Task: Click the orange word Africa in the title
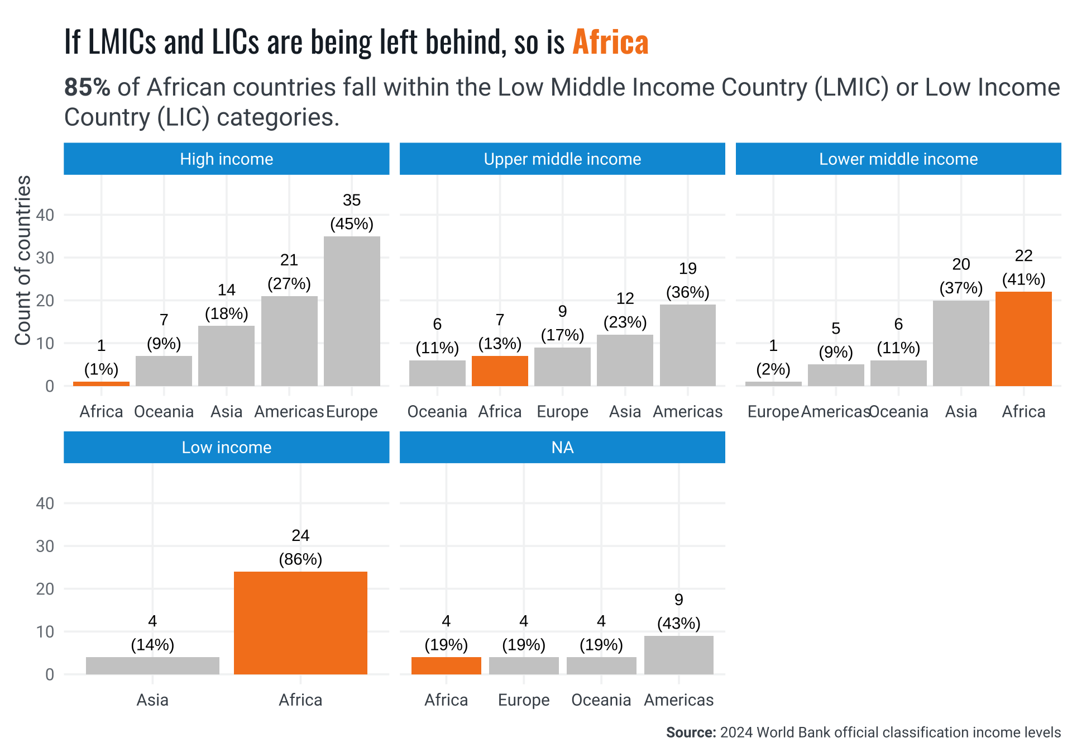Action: click(x=610, y=42)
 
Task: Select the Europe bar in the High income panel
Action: click(x=352, y=311)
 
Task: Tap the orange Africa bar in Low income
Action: click(x=300, y=622)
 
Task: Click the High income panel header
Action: click(x=226, y=159)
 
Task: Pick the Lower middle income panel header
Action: click(x=898, y=159)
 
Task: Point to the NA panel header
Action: click(x=562, y=448)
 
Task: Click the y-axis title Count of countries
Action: click(x=23, y=260)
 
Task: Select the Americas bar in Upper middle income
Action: click(x=687, y=345)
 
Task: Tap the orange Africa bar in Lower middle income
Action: click(x=1023, y=339)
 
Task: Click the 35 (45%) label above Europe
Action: click(x=352, y=212)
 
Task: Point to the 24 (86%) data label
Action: click(x=300, y=548)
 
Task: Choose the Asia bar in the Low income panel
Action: click(x=152, y=666)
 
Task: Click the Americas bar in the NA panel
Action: click(x=678, y=655)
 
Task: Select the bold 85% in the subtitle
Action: click(x=87, y=88)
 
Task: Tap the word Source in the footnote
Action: click(x=690, y=733)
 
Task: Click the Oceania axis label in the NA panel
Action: click(x=601, y=700)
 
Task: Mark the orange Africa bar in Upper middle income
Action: click(x=500, y=370)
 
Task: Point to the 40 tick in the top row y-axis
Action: click(x=45, y=215)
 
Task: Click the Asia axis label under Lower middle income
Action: click(x=961, y=412)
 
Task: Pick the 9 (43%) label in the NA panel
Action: click(x=678, y=612)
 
